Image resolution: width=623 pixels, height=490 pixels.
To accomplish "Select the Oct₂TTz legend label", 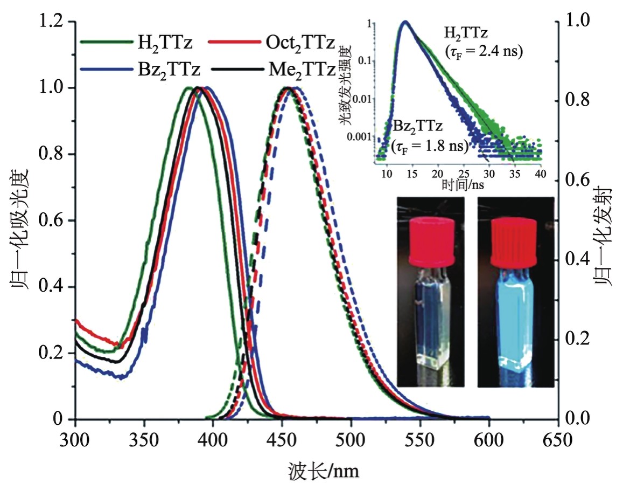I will pyautogui.click(x=300, y=42).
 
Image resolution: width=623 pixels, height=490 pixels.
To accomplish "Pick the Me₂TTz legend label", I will pyautogui.click(x=301, y=70).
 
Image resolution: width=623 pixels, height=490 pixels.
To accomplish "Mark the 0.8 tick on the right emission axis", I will pyautogui.click(x=578, y=101).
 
